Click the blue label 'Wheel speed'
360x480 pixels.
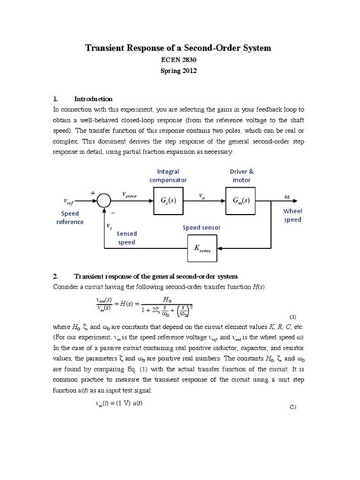tap(293, 215)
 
